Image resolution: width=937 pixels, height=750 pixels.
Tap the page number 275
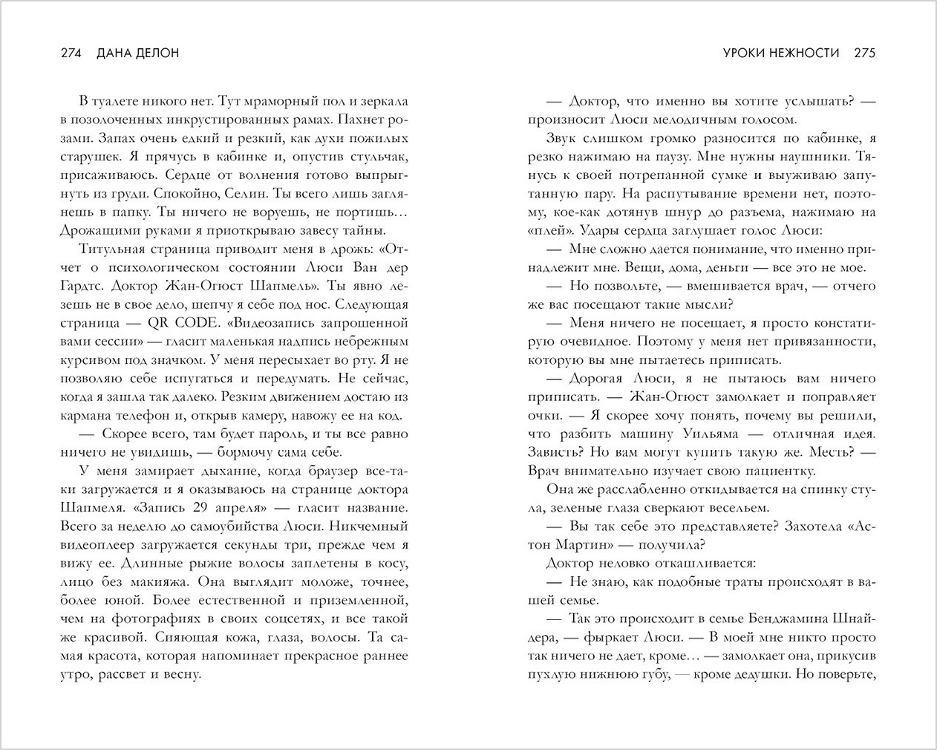click(x=865, y=53)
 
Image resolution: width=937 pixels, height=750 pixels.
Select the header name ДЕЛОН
click(x=159, y=53)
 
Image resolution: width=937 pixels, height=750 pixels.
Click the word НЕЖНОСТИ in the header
click(x=806, y=53)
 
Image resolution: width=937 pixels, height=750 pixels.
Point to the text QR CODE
click(x=172, y=324)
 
